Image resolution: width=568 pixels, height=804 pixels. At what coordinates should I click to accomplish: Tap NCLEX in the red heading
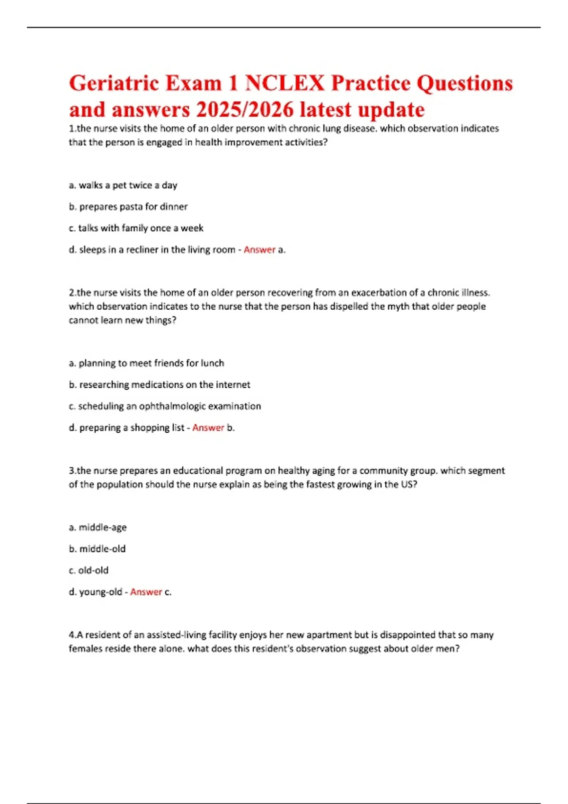pyautogui.click(x=284, y=83)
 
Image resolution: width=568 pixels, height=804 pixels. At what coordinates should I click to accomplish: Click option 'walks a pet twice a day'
pyautogui.click(x=123, y=185)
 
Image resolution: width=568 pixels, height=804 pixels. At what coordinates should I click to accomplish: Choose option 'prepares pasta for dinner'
pyautogui.click(x=128, y=207)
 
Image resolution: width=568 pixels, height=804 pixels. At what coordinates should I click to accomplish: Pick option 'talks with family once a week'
pyautogui.click(x=136, y=228)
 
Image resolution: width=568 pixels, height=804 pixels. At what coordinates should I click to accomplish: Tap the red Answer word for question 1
pyautogui.click(x=259, y=250)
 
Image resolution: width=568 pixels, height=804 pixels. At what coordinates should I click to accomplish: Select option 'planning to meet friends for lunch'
pyautogui.click(x=146, y=363)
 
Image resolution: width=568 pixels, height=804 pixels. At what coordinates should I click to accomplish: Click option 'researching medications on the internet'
pyautogui.click(x=160, y=385)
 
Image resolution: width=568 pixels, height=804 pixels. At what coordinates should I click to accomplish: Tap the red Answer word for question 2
pyautogui.click(x=208, y=428)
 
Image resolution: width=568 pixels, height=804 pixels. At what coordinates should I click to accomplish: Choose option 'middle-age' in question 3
pyautogui.click(x=98, y=527)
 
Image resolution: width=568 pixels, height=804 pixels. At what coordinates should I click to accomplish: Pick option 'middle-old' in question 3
pyautogui.click(x=97, y=549)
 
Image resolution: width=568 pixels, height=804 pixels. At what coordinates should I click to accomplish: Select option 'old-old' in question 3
pyautogui.click(x=89, y=570)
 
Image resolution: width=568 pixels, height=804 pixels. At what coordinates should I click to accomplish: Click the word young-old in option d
pyautogui.click(x=100, y=592)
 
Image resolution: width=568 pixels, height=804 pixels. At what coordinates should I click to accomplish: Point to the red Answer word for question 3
pyautogui.click(x=146, y=592)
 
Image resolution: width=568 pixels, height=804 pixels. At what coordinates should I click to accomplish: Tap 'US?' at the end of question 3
pyautogui.click(x=409, y=484)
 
